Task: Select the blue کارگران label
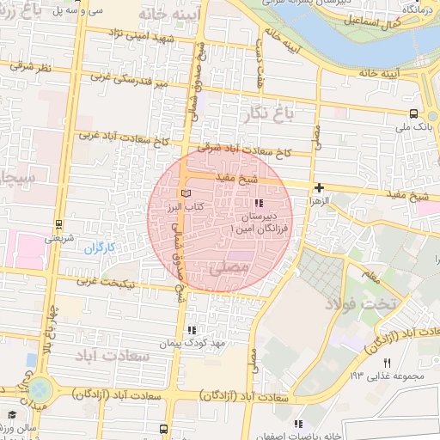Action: point(99,248)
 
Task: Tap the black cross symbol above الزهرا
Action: point(320,187)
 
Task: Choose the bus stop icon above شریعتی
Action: point(58,223)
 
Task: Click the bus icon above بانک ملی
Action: point(414,113)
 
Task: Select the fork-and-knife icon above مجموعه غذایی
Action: point(387,364)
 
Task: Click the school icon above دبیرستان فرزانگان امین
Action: point(260,203)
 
